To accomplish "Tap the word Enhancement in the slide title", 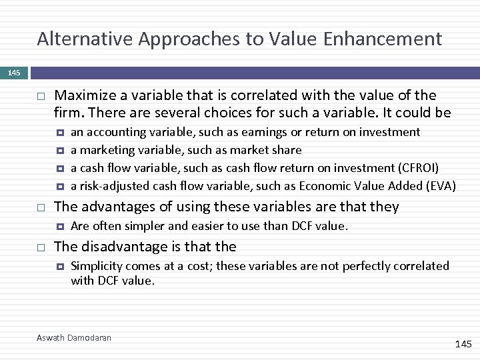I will pyautogui.click(x=382, y=39).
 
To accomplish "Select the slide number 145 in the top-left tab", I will pyautogui.click(x=14, y=72).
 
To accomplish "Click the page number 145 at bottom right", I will pyautogui.click(x=463, y=344).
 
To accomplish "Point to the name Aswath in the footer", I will pyautogui.click(x=50, y=338).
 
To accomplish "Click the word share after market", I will pyautogui.click(x=287, y=150).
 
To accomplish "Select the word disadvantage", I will pyautogui.click(x=127, y=247).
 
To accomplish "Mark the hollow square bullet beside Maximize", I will pyautogui.click(x=41, y=96).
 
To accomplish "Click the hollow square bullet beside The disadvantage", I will pyautogui.click(x=41, y=247).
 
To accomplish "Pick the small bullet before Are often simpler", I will pyautogui.click(x=59, y=227).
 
